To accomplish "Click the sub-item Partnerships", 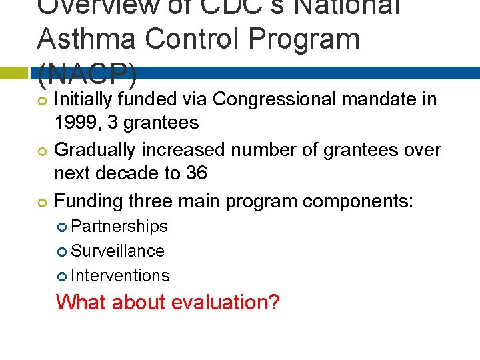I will (119, 227).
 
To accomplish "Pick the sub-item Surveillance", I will (117, 251).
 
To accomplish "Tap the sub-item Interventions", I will (120, 275).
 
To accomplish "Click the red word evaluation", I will (225, 302).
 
